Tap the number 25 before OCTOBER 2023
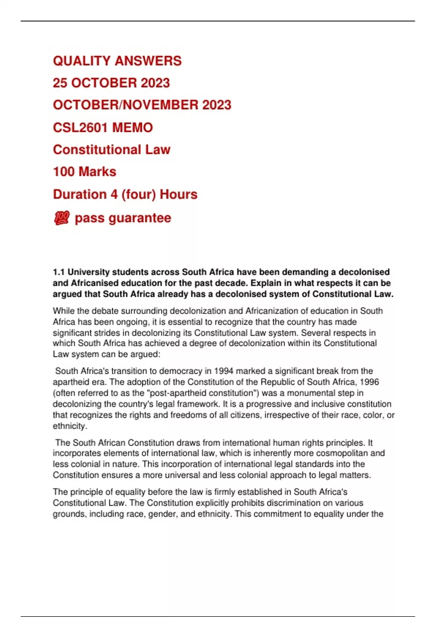click(60, 83)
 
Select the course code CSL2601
click(80, 128)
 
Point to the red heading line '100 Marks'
click(85, 172)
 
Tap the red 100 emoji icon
click(61, 218)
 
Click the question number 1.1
click(59, 272)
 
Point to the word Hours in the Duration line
click(178, 195)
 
